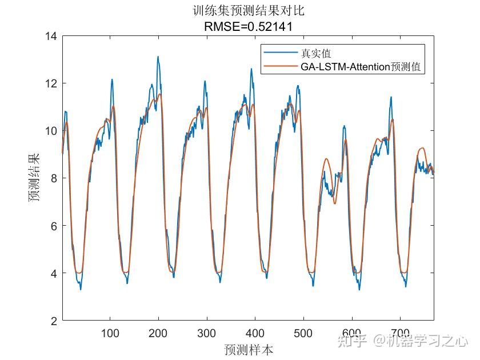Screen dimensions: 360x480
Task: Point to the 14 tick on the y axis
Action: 51,36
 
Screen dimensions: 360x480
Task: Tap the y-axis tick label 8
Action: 54,178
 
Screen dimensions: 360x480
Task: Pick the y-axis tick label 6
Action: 54,226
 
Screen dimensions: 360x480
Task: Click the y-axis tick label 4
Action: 54,273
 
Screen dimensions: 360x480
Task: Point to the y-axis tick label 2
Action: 54,321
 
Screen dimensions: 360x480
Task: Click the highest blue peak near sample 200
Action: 158,57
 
